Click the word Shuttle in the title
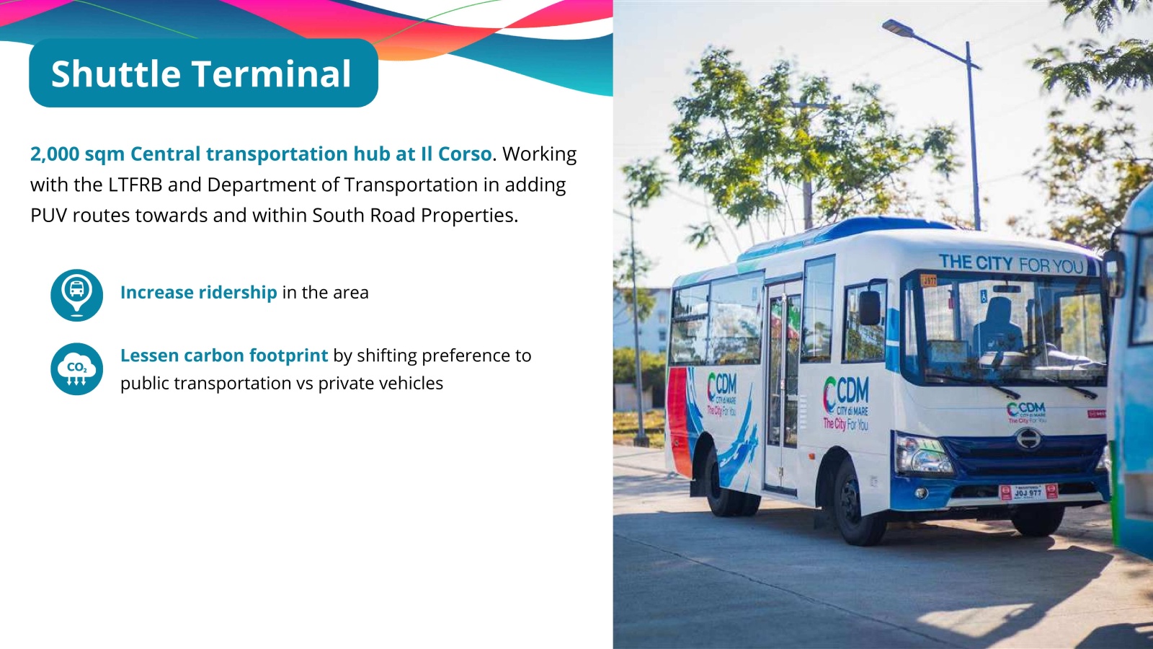coord(116,73)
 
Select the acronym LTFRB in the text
coord(135,185)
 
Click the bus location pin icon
coord(76,295)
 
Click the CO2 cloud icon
coord(76,368)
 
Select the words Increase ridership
coord(199,293)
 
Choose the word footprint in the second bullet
coord(288,356)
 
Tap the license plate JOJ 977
coord(1028,492)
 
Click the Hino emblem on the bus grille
coord(1028,439)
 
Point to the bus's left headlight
coord(924,455)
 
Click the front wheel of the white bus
coord(857,503)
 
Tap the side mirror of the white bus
coord(870,307)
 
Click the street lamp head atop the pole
coord(898,28)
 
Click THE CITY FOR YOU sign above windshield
coord(1011,264)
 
